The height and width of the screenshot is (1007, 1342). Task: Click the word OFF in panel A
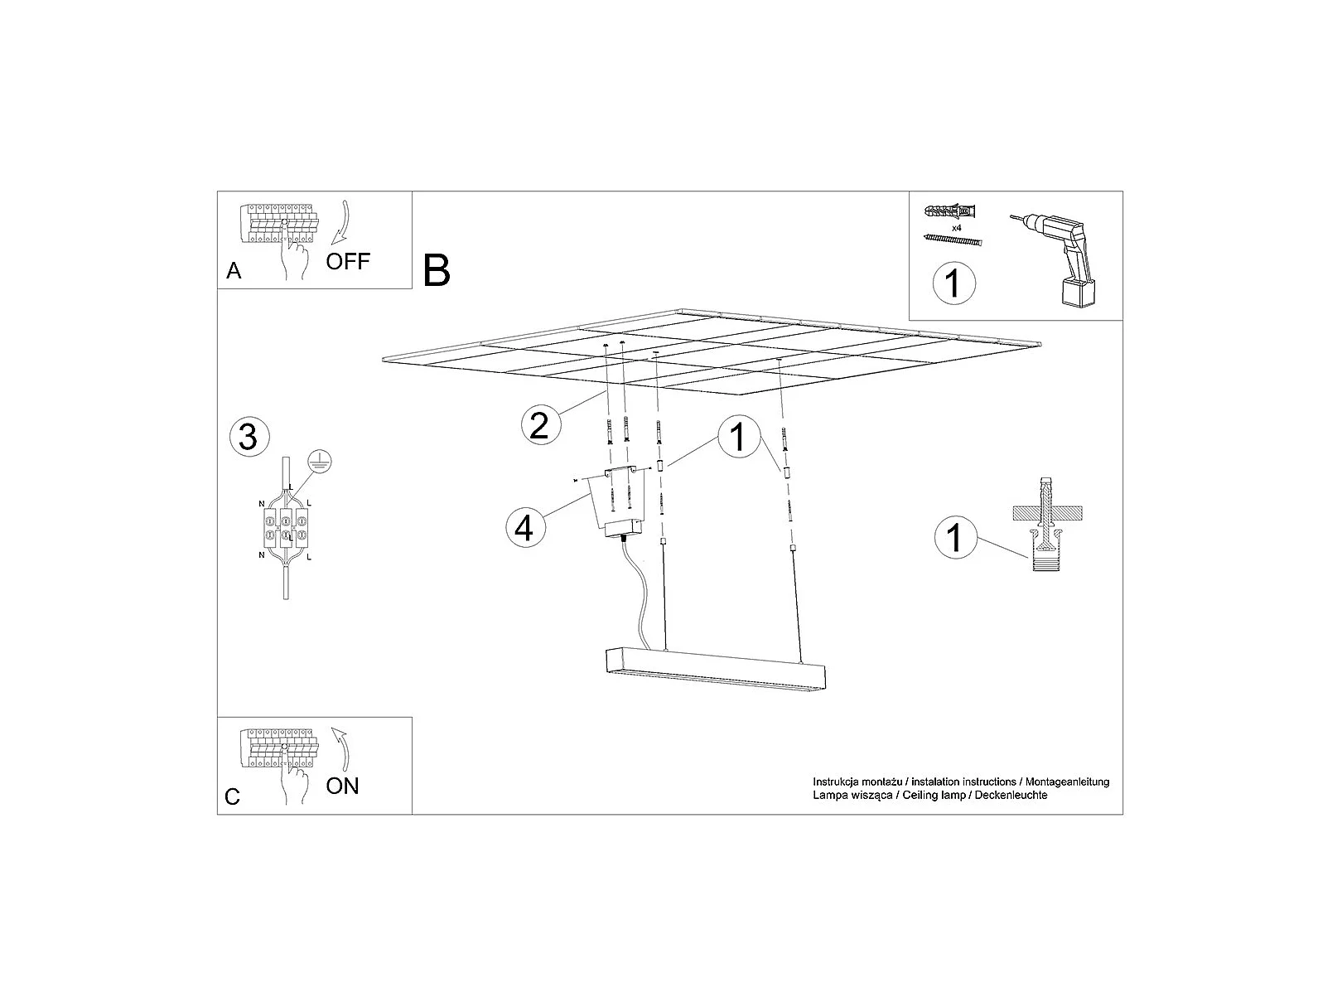coord(348,262)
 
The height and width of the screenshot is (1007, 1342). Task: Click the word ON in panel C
coord(342,787)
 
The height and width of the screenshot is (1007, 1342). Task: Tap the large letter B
coord(437,270)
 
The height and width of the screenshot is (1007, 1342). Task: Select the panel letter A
coord(234,270)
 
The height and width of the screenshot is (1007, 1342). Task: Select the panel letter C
coord(232,796)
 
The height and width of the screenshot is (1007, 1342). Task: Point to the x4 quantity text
coord(957,228)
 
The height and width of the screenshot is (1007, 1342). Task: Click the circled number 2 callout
coord(541,424)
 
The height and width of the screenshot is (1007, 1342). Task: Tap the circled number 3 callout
coord(249,437)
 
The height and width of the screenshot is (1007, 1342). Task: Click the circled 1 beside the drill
coord(953,283)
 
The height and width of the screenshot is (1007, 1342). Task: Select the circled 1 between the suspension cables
coord(739,437)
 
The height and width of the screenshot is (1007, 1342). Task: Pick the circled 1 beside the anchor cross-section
coord(956,537)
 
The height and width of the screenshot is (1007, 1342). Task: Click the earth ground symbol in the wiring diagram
coord(319,461)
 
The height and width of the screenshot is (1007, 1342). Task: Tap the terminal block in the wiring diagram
coord(285,526)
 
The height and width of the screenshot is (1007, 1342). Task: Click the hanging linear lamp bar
coord(715,671)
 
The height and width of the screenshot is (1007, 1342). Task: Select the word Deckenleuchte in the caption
coord(1011,796)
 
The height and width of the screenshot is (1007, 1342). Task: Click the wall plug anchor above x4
coord(950,212)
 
